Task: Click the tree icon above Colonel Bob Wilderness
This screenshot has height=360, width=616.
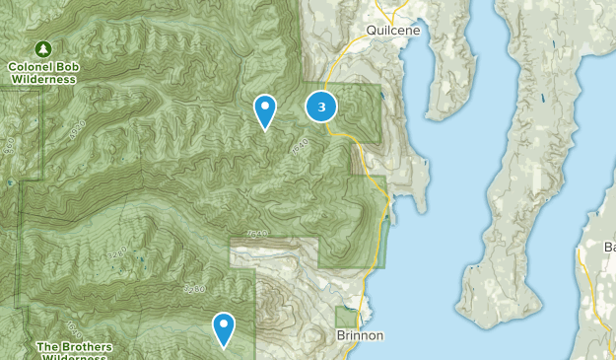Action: click(x=42, y=48)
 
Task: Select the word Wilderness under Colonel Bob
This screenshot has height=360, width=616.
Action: click(x=42, y=80)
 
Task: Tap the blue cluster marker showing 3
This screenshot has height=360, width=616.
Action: click(x=321, y=107)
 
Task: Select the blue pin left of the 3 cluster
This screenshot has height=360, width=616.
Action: click(x=264, y=110)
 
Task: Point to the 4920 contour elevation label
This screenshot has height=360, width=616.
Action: click(x=78, y=129)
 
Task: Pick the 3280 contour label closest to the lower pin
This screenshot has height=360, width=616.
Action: click(x=194, y=288)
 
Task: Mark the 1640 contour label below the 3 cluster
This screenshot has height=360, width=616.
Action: click(x=301, y=146)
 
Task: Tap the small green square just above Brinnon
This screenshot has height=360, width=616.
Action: click(x=345, y=317)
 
